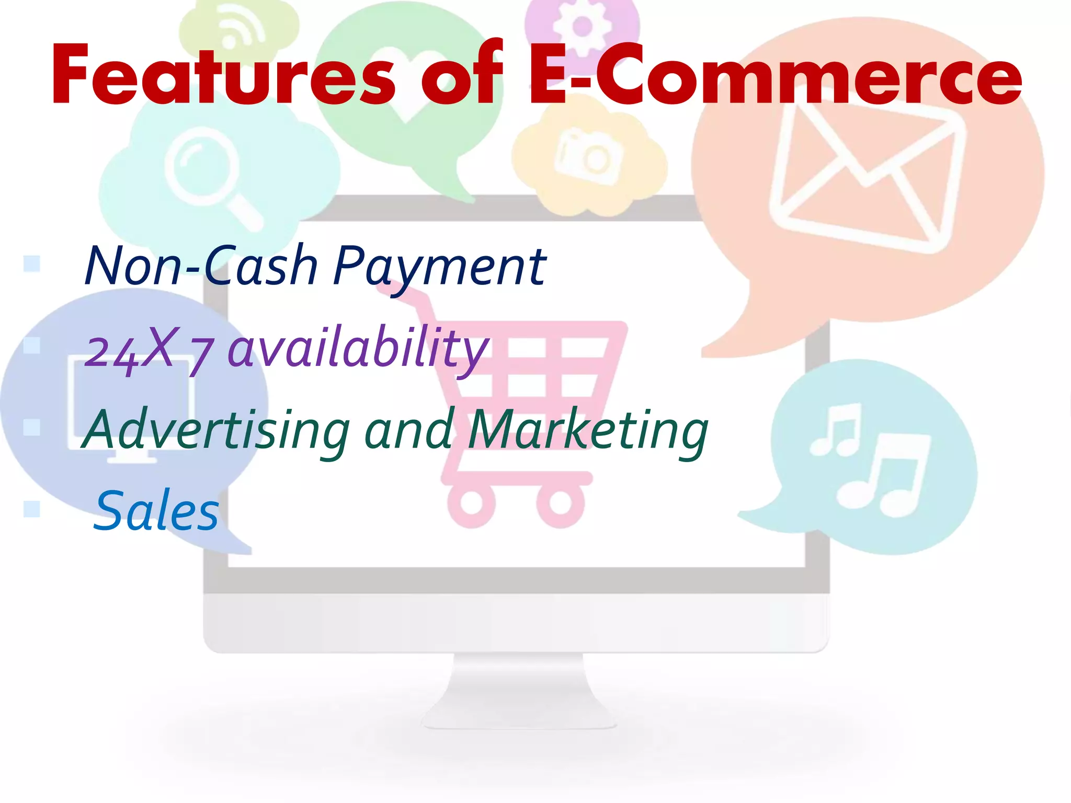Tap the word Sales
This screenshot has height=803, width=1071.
click(156, 511)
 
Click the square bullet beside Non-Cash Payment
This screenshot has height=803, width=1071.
click(32, 263)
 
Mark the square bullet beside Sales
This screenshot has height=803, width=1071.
click(32, 509)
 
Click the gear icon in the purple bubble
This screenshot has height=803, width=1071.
click(582, 26)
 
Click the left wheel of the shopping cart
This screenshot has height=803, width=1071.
click(471, 503)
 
